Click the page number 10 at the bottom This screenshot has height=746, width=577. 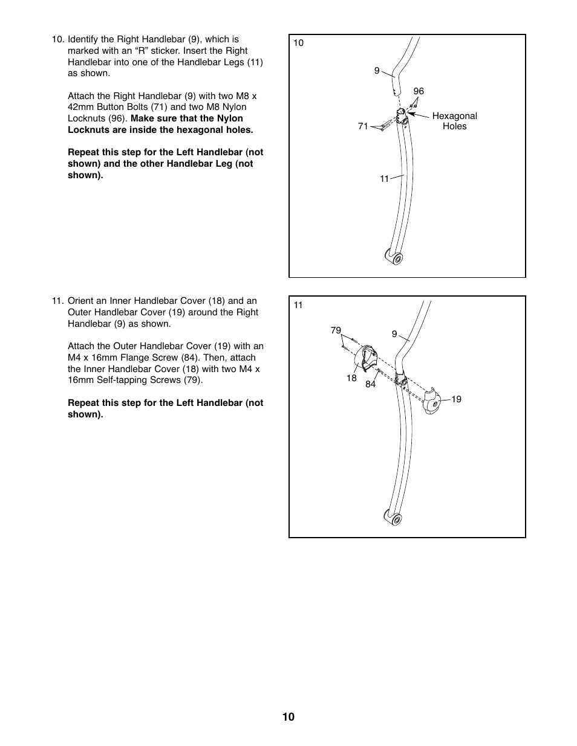[x=288, y=717]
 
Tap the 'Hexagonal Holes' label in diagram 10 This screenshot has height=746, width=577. [x=454, y=121]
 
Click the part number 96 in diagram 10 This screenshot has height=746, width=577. [x=419, y=91]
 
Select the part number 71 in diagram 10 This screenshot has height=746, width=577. [x=363, y=126]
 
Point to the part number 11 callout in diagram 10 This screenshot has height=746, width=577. [x=385, y=179]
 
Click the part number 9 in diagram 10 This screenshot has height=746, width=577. [x=377, y=71]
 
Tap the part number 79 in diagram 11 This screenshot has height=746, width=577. [x=336, y=330]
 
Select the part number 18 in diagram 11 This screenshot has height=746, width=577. [x=351, y=378]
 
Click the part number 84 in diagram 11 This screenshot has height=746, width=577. [x=371, y=384]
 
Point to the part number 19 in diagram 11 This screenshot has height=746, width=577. [x=456, y=399]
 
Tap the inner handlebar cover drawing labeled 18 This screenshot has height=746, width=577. [x=365, y=358]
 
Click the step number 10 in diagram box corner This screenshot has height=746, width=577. [x=299, y=43]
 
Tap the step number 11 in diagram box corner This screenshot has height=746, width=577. [x=298, y=305]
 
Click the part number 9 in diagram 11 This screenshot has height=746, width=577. [x=394, y=334]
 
